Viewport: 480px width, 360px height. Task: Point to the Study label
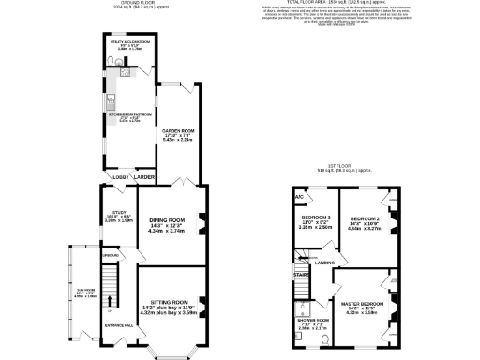coord(118,213)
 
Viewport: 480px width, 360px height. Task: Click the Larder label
coord(143,176)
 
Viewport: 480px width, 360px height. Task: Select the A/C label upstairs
coord(299,197)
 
